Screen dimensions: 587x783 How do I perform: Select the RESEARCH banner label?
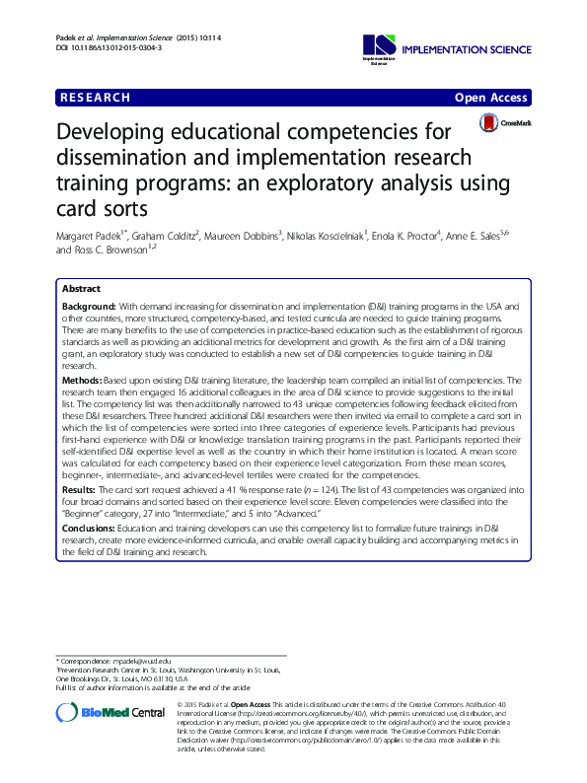pyautogui.click(x=96, y=98)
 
